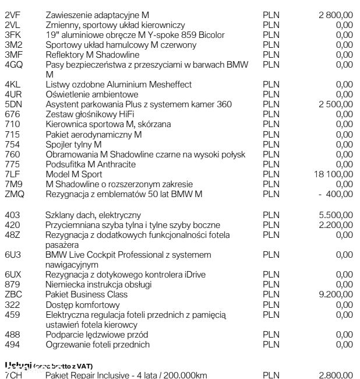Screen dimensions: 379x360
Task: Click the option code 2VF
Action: pyautogui.click(x=12, y=14)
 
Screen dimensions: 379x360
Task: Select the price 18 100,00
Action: pyautogui.click(x=334, y=174)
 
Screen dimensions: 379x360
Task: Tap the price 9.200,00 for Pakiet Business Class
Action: pyautogui.click(x=336, y=294)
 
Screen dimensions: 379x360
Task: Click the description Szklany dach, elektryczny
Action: pyautogui.click(x=93, y=215)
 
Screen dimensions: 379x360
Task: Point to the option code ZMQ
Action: pyautogui.click(x=14, y=194)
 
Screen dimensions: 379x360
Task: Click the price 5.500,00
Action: pyautogui.click(x=336, y=215)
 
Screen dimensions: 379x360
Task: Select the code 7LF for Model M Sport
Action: pyautogui.click(x=12, y=174)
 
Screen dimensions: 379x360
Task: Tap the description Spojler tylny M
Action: pyautogui.click(x=73, y=144)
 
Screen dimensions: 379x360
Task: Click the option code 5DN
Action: pyautogui.click(x=13, y=104)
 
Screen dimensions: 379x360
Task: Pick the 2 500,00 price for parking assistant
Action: pyautogui.click(x=336, y=104)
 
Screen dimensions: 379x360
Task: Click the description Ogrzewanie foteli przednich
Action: pyautogui.click(x=97, y=345)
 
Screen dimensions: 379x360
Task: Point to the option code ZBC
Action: pyautogui.click(x=13, y=294)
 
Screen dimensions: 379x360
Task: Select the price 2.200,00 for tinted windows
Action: pyautogui.click(x=336, y=225)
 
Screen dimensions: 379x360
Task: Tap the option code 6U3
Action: pyautogui.click(x=12, y=255)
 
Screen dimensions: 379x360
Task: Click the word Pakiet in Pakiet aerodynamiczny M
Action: pyautogui.click(x=58, y=134)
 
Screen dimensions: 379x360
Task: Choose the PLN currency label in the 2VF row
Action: pyautogui.click(x=271, y=14)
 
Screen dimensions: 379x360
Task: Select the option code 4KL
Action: pyautogui.click(x=12, y=85)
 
